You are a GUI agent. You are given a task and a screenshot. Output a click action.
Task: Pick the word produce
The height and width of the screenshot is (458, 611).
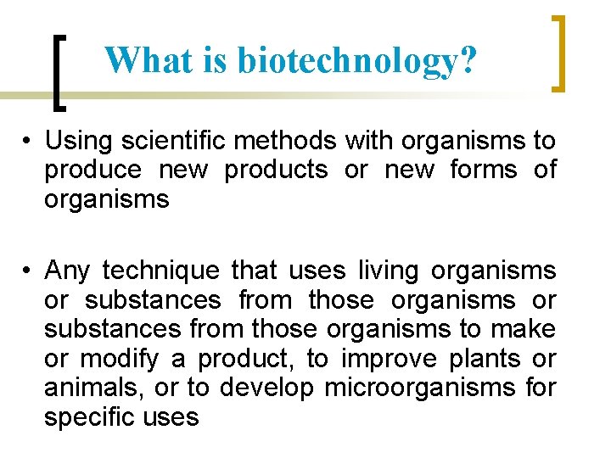[x=93, y=170]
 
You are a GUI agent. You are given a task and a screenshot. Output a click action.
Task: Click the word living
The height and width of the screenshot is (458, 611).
[x=389, y=271]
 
